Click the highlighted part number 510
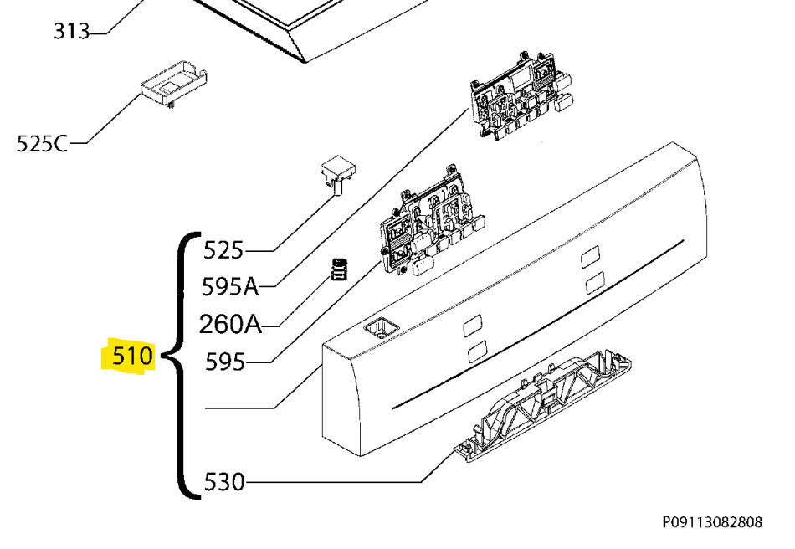(132, 356)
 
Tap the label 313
(72, 32)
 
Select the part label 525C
(42, 143)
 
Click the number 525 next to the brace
(223, 250)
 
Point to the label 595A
(230, 286)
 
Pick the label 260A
(231, 324)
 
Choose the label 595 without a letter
(225, 362)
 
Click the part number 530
(224, 481)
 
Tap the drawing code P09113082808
(712, 522)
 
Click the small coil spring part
(339, 269)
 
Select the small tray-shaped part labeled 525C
(174, 85)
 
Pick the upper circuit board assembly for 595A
(521, 95)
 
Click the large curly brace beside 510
(180, 365)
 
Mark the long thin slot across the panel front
(538, 324)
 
